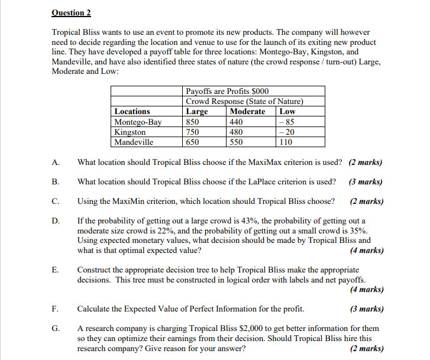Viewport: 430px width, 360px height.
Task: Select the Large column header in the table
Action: click(x=196, y=111)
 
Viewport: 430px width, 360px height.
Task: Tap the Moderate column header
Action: click(x=247, y=111)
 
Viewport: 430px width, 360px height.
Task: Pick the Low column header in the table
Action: click(x=287, y=111)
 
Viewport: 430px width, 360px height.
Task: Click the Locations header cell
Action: click(x=132, y=111)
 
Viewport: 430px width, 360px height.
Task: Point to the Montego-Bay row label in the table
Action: click(x=138, y=122)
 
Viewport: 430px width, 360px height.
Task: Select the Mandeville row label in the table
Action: click(x=134, y=142)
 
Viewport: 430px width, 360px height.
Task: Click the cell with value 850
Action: click(x=193, y=122)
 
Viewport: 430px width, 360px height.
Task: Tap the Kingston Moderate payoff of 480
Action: click(x=236, y=132)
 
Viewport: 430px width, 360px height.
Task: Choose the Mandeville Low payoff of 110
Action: click(x=286, y=142)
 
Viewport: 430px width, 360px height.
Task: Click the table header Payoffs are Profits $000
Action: click(x=227, y=91)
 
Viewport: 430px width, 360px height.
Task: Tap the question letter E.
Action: click(x=55, y=270)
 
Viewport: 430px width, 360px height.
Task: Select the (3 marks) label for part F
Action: click(x=367, y=309)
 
